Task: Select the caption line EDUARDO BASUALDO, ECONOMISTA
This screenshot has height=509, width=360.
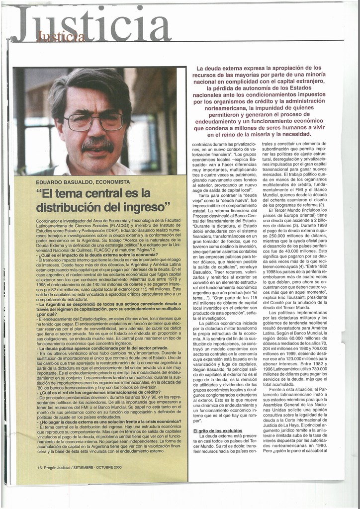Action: tap(83, 182)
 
